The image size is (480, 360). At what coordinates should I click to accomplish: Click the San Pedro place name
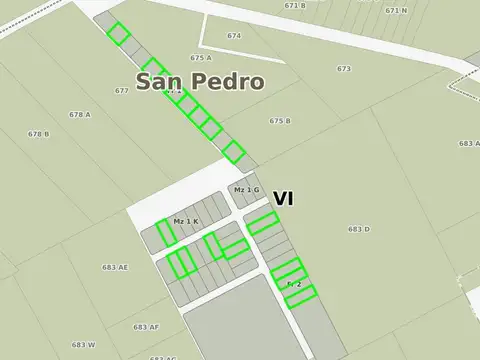click(x=200, y=82)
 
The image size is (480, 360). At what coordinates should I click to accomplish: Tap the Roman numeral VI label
click(x=283, y=199)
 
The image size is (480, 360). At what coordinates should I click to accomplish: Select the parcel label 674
click(x=234, y=36)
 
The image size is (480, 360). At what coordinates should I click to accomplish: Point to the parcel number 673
click(x=344, y=69)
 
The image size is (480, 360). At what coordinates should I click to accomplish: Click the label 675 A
click(x=201, y=58)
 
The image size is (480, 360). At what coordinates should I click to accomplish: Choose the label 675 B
click(x=280, y=121)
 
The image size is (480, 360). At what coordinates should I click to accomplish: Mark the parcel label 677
click(x=122, y=91)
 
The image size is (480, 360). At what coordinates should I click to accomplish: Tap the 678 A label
click(x=80, y=115)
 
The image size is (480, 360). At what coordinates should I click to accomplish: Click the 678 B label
click(x=39, y=134)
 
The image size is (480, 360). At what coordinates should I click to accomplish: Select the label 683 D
click(x=359, y=230)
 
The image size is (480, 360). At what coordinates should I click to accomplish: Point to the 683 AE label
click(x=115, y=267)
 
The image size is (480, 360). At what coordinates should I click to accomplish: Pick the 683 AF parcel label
click(x=146, y=327)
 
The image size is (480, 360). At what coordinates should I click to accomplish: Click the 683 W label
click(x=83, y=345)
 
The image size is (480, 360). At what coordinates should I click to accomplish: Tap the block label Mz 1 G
click(x=246, y=190)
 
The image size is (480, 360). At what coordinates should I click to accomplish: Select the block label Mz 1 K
click(x=186, y=221)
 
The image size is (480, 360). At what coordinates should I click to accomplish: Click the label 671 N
click(x=396, y=10)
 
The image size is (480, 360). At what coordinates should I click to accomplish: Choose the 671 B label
click(x=295, y=6)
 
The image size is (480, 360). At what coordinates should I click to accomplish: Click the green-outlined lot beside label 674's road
click(x=118, y=35)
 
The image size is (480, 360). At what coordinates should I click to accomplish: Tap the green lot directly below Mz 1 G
click(x=262, y=222)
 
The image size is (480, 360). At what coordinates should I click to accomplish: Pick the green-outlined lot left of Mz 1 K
click(x=166, y=232)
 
